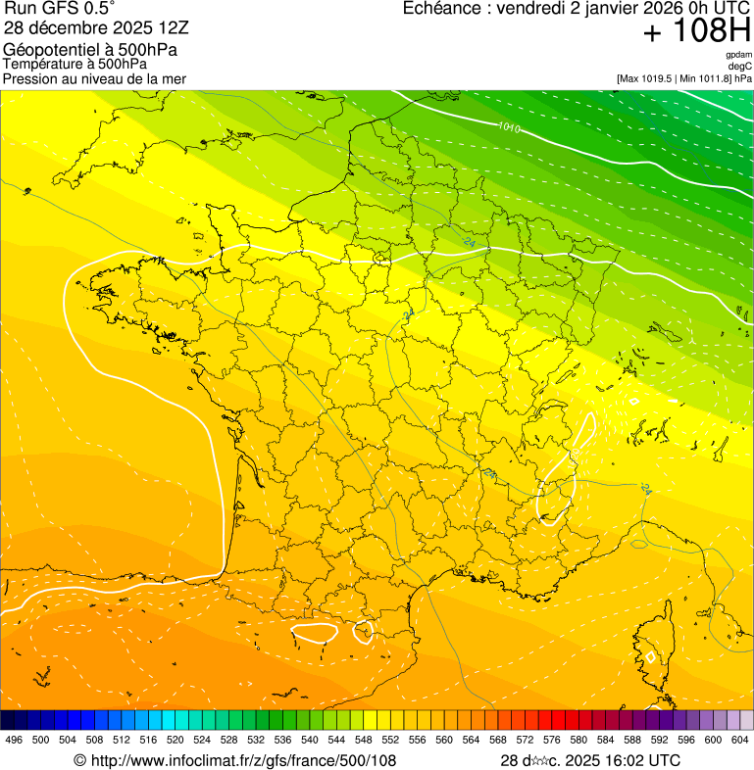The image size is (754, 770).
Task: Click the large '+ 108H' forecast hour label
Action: [696, 33]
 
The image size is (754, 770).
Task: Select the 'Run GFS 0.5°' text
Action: [60, 10]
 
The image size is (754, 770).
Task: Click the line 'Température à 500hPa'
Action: [82, 65]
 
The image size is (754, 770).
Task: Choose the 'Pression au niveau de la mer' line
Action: [95, 78]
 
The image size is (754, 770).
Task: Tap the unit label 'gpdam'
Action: [738, 55]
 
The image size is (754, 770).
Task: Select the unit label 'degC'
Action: [740, 66]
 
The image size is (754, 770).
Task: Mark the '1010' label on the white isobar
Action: [509, 127]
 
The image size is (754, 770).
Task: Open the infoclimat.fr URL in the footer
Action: [235, 760]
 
